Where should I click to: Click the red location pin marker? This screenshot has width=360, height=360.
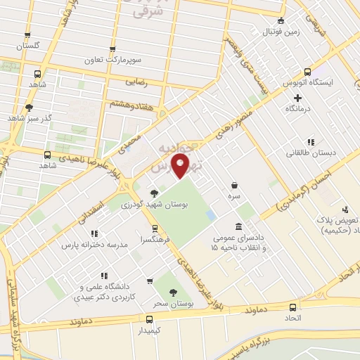(181, 168)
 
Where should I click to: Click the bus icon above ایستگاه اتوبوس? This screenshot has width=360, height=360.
(308, 72)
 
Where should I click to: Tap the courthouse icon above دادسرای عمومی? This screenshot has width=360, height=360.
(239, 226)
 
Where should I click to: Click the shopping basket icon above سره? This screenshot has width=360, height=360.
(233, 185)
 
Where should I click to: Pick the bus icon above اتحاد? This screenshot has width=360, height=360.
(294, 307)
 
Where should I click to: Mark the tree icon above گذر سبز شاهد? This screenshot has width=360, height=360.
(29, 108)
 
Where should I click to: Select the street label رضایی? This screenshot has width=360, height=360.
(139, 82)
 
